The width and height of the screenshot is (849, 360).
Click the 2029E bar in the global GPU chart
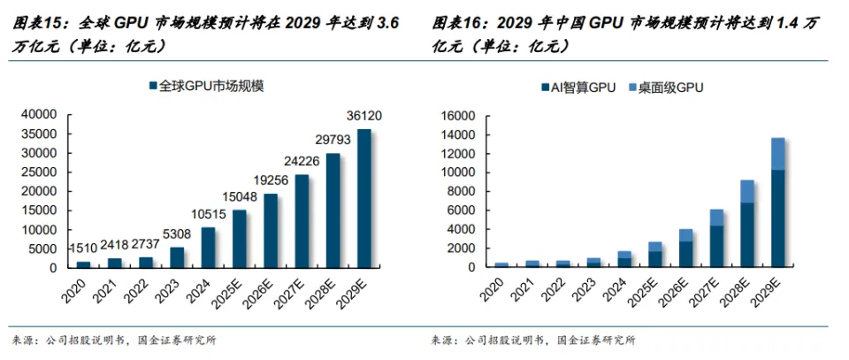tap(364, 198)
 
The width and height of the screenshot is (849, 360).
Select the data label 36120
tap(363, 118)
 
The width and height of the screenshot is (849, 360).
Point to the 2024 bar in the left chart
tap(209, 247)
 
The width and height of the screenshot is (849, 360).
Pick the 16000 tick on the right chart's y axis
tap(457, 115)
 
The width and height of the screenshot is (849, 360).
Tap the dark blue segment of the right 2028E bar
tap(747, 234)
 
